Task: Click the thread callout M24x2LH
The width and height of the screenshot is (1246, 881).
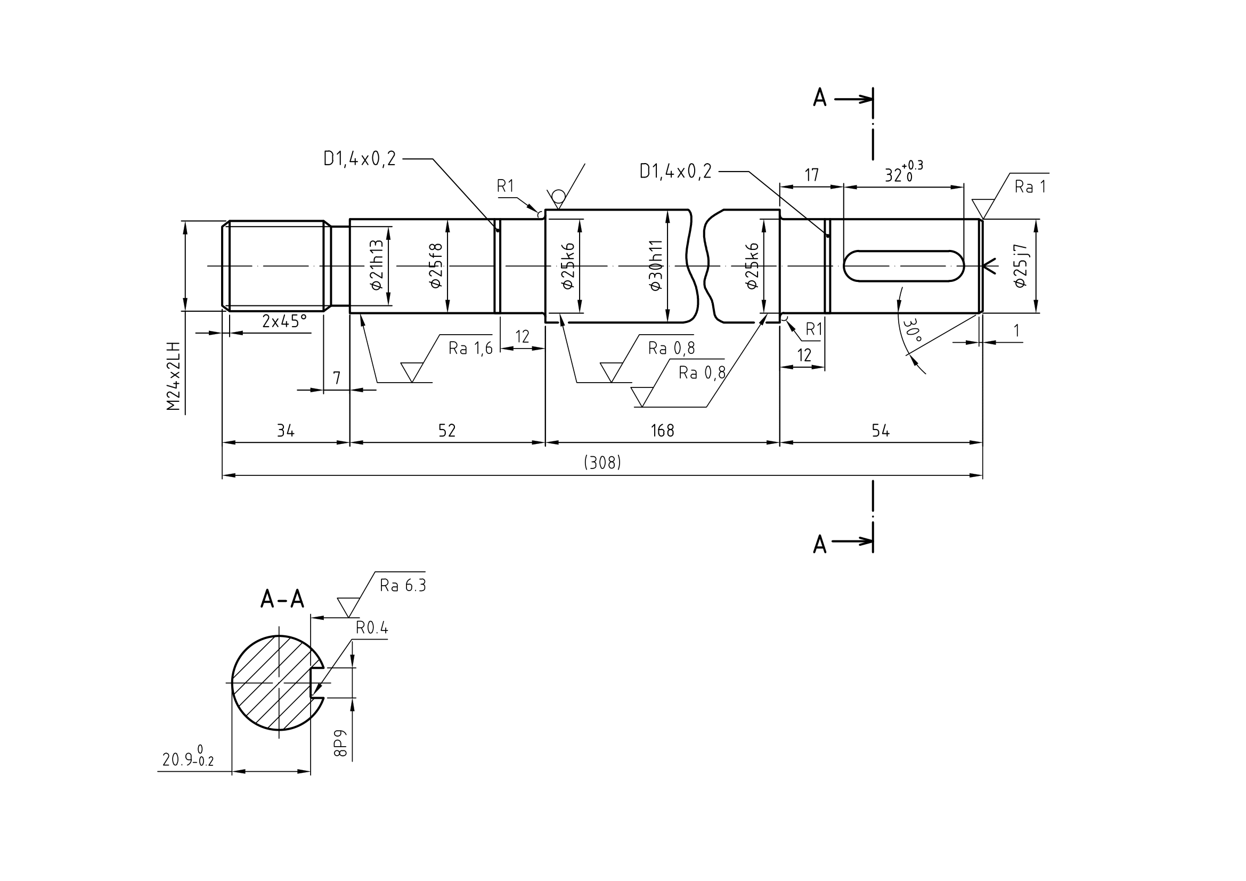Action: [173, 376]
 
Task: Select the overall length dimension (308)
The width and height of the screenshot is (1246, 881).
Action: [602, 463]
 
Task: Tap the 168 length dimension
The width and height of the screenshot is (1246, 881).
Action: [662, 431]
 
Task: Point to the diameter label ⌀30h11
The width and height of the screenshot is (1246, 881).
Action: [656, 265]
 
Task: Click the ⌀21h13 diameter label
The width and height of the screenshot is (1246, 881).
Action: [377, 265]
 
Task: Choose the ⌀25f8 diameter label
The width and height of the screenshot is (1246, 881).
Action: [435, 265]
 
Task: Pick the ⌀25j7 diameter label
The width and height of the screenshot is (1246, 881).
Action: [1020, 265]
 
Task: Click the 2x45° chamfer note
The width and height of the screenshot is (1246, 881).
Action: [284, 321]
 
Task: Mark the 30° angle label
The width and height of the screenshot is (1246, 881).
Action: [912, 329]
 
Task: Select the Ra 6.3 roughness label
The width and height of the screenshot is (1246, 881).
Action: [403, 585]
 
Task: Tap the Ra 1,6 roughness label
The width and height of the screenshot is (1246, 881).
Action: [470, 348]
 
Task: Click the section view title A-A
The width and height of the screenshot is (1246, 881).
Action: [282, 599]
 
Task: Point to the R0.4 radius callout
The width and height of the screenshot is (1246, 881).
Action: [372, 628]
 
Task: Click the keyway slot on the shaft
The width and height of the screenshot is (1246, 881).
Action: [904, 266]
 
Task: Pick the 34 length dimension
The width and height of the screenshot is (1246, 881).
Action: [286, 431]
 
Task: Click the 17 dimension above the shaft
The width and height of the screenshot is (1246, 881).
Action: [811, 175]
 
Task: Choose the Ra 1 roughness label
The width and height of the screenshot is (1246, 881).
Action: [1030, 187]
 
